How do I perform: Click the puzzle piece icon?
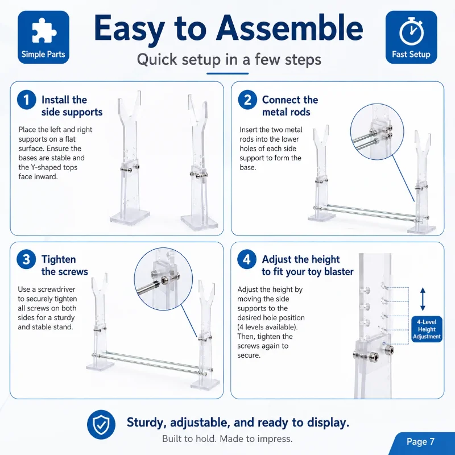pyautogui.click(x=44, y=31)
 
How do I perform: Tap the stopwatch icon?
pyautogui.click(x=411, y=31)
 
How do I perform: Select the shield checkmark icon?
pyautogui.click(x=101, y=424)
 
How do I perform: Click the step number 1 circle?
pyautogui.click(x=26, y=100)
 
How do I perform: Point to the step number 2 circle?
pyautogui.click(x=247, y=100)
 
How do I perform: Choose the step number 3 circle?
pyautogui.click(x=26, y=259)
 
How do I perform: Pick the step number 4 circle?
pyautogui.click(x=247, y=259)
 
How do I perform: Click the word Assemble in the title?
pyautogui.click(x=289, y=28)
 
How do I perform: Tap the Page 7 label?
pyautogui.click(x=420, y=441)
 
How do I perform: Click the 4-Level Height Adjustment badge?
pyautogui.click(x=427, y=329)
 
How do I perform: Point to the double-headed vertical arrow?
pyautogui.click(x=423, y=299)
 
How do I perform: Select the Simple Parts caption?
pyautogui.click(x=43, y=54)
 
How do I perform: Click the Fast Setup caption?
pyautogui.click(x=411, y=54)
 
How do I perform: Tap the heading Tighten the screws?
pyautogui.click(x=64, y=266)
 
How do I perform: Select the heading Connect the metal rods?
pyautogui.click(x=290, y=106)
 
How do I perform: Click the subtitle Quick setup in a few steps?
pyautogui.click(x=229, y=60)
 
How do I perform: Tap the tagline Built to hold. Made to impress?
pyautogui.click(x=227, y=439)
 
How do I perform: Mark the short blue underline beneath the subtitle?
pyautogui.click(x=227, y=74)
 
